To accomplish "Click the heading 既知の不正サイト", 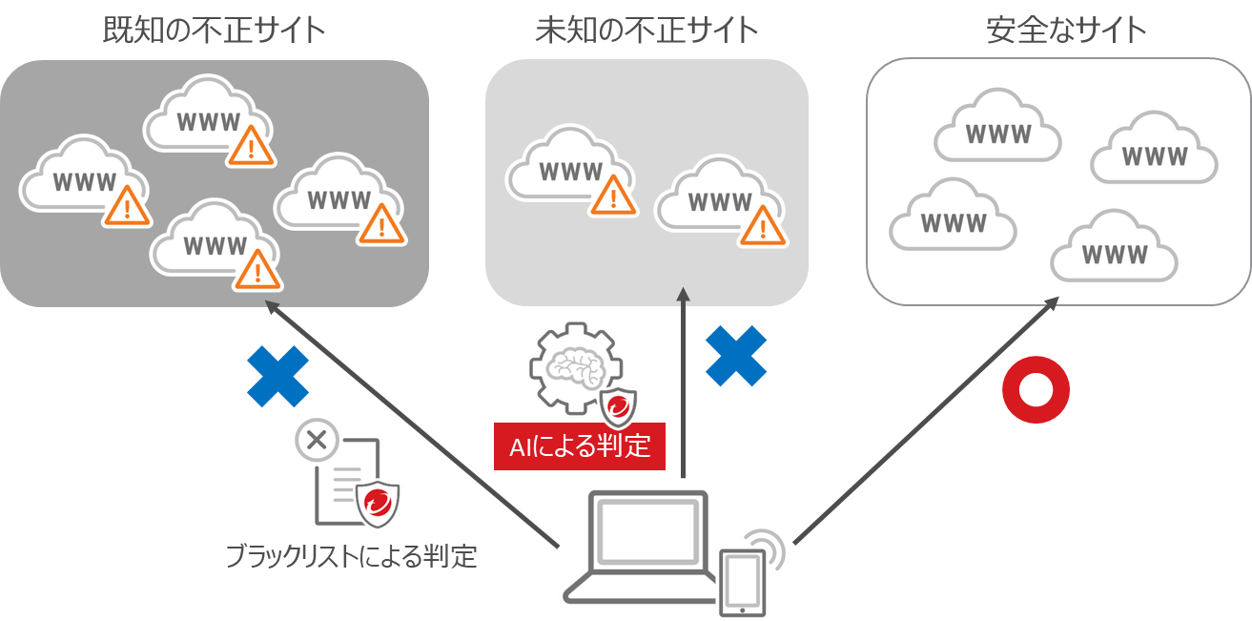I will tap(215, 30).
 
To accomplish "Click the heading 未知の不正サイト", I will tap(647, 30).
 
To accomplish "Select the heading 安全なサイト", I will tap(1066, 30).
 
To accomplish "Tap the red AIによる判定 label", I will tap(579, 446).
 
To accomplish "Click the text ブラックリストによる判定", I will tap(350, 556).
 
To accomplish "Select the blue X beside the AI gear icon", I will tap(735, 356).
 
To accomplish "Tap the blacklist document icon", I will tap(340, 476).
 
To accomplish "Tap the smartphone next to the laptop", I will tap(742, 582).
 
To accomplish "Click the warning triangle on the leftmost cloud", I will tap(127, 205).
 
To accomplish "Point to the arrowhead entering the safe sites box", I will tap(1053, 301).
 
